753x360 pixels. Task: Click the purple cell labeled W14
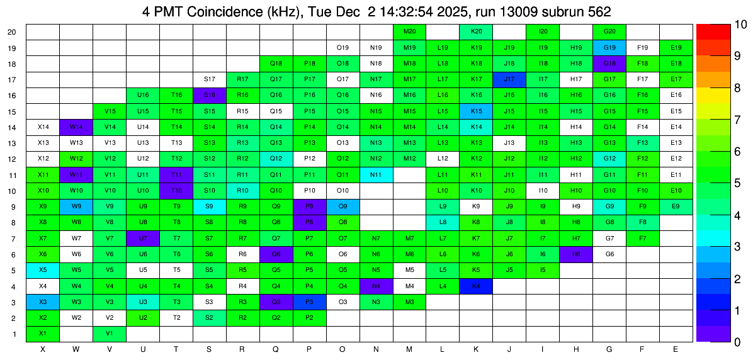76,127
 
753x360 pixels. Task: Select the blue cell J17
509,79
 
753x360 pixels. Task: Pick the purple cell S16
210,95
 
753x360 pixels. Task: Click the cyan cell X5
43,270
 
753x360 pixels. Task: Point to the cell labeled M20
409,31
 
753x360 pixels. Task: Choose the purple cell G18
609,64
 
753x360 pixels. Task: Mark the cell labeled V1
110,334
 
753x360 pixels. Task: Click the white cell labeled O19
343,47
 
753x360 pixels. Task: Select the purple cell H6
576,254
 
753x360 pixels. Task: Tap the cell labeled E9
676,206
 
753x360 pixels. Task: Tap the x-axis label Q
276,349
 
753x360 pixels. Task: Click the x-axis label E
676,349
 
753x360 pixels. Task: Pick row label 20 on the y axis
12,31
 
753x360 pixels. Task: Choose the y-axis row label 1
14,334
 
